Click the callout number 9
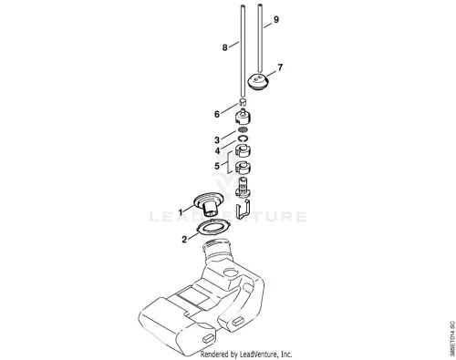[x=276, y=20]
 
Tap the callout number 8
[x=224, y=47]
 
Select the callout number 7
[x=280, y=67]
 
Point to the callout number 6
[x=217, y=115]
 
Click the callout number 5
[x=217, y=166]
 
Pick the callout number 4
[x=217, y=150]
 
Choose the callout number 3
[x=217, y=140]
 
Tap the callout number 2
[x=184, y=240]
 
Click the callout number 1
[x=181, y=212]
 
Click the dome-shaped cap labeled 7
[x=258, y=82]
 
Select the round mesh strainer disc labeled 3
[x=243, y=130]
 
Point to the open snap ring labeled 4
[x=243, y=139]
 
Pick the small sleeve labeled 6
[x=243, y=102]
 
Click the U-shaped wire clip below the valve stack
[x=244, y=208]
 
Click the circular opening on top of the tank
[x=232, y=273]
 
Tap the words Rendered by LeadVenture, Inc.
[x=246, y=355]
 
